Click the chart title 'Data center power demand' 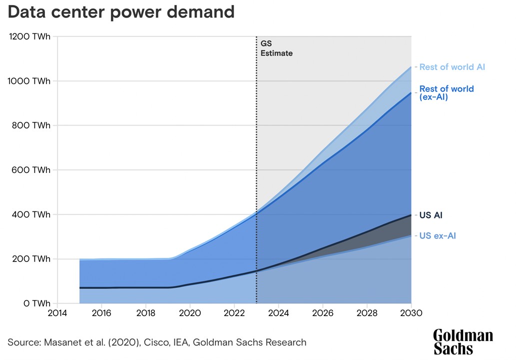121,12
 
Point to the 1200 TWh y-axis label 30,36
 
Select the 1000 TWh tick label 30,81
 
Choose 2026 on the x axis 323,313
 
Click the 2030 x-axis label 411,313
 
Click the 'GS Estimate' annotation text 276,48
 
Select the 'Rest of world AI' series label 452,67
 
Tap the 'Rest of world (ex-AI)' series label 446,93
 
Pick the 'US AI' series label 431,215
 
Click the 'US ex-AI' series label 437,236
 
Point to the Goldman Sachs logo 463,342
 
